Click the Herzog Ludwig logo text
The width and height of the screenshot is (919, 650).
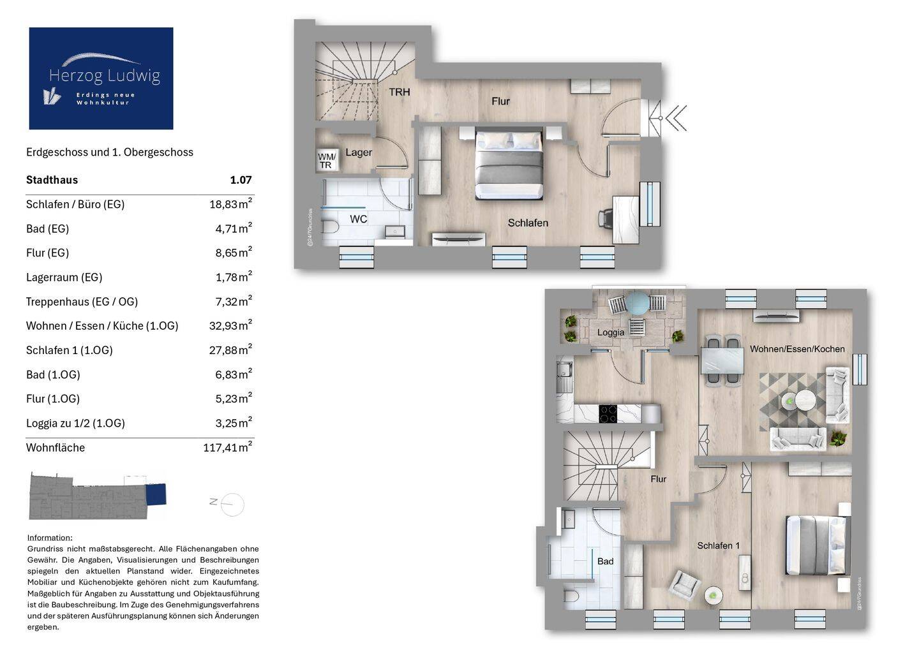click(105, 76)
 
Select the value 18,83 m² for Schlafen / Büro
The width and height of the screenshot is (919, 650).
click(230, 204)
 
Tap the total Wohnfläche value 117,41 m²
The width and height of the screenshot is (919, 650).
click(228, 447)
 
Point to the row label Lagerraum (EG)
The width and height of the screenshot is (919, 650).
click(64, 277)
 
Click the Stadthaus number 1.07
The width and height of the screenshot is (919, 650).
click(241, 180)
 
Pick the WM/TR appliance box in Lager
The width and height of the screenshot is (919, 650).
click(327, 160)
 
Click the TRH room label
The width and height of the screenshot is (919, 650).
click(400, 92)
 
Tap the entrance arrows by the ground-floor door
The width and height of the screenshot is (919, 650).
click(676, 118)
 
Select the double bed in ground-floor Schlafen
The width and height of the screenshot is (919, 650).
click(509, 163)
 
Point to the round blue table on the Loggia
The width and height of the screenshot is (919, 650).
click(637, 302)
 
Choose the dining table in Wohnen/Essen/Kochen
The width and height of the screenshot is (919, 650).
click(722, 360)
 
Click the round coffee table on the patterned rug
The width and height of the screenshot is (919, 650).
click(805, 399)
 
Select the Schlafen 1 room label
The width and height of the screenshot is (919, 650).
click(718, 545)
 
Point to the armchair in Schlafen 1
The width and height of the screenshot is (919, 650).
click(684, 584)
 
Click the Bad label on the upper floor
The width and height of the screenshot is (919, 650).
click(605, 561)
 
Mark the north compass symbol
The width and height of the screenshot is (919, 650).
click(228, 504)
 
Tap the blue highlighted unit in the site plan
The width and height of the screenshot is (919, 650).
click(156, 494)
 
